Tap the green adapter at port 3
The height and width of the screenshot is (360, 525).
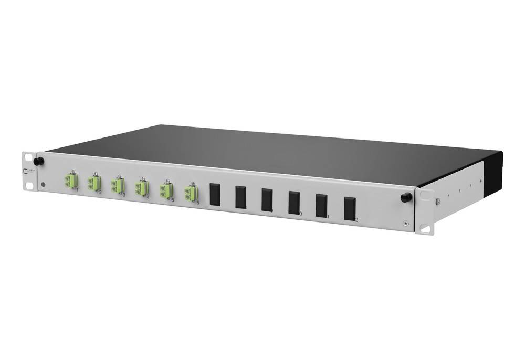[117, 186]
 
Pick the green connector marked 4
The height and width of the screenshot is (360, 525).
[140, 188]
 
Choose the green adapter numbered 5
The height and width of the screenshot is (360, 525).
[165, 190]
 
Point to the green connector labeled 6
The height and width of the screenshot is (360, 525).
[190, 194]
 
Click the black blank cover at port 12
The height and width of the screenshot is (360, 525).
[349, 209]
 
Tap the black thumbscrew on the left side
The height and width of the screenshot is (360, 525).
[38, 160]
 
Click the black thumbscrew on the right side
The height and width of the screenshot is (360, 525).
[405, 197]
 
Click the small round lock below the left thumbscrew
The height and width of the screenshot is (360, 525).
[43, 184]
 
